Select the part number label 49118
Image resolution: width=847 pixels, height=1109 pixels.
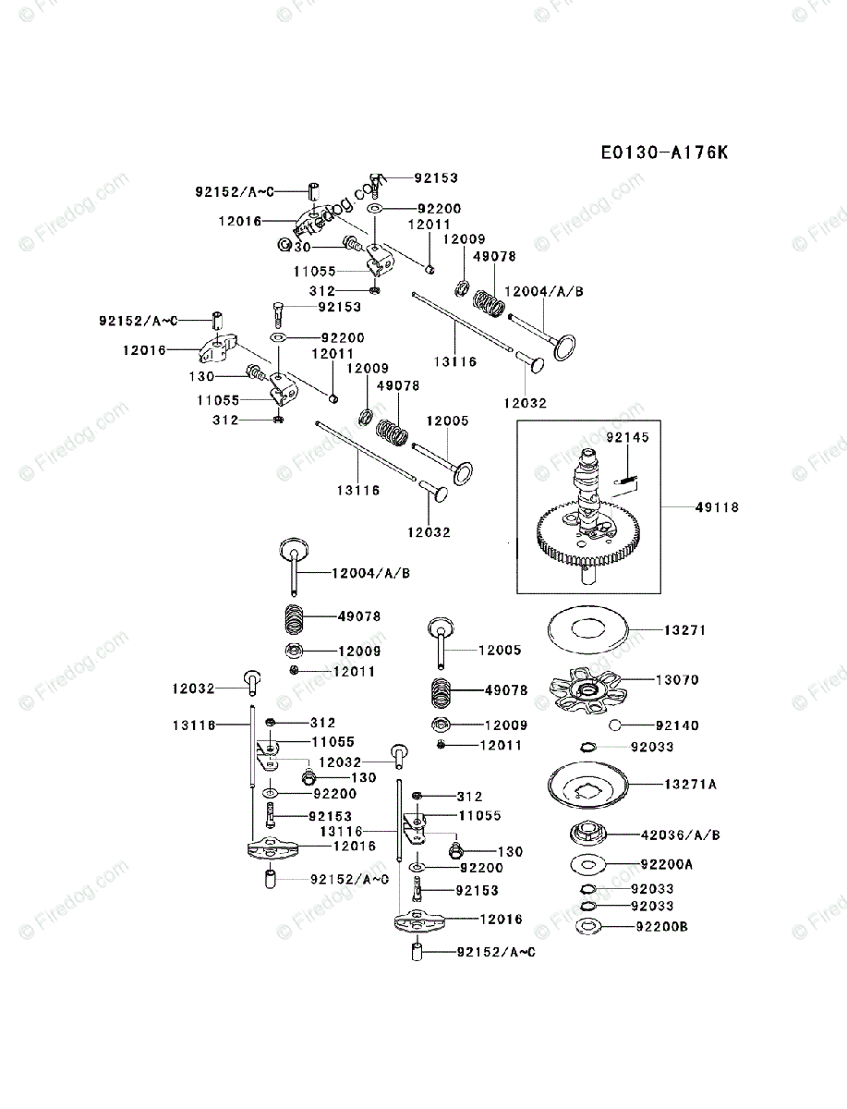click(720, 507)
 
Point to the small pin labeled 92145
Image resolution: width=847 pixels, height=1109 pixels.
click(628, 479)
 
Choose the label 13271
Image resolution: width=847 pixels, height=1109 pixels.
click(685, 630)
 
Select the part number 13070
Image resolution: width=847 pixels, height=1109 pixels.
click(677, 680)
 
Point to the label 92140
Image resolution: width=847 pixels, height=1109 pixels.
click(677, 725)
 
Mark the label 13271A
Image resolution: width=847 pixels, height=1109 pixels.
click(690, 784)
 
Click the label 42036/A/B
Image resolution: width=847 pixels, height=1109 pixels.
click(680, 835)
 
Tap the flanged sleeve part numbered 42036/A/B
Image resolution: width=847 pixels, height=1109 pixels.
click(587, 833)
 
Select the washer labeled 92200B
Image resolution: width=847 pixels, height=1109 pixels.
click(587, 927)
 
